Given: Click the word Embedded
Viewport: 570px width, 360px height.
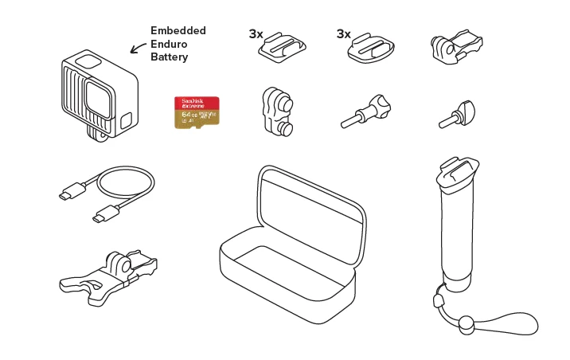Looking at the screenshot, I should click(x=178, y=30).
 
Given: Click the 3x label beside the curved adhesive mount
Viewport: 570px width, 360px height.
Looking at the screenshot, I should click(x=256, y=34).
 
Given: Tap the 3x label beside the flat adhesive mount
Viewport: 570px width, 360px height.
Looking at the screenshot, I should click(x=344, y=34).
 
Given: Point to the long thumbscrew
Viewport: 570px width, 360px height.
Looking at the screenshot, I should click(x=366, y=110).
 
